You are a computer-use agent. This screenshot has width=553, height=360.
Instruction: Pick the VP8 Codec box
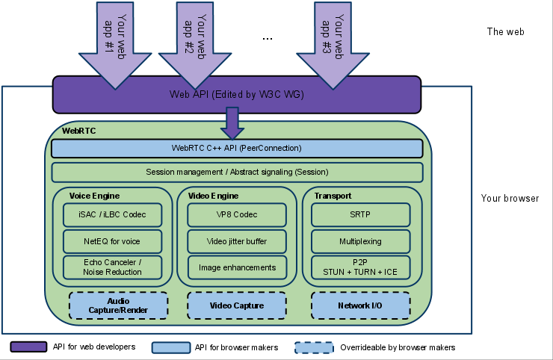click(237, 214)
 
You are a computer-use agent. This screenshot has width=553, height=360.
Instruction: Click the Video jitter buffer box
click(237, 241)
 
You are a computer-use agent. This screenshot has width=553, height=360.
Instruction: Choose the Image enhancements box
click(237, 267)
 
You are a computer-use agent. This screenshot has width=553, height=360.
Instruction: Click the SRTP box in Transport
click(361, 214)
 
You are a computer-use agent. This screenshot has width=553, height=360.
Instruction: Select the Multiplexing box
click(361, 241)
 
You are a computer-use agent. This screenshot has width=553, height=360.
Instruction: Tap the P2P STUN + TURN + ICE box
click(361, 267)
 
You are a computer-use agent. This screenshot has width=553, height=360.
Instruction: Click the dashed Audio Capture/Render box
click(118, 305)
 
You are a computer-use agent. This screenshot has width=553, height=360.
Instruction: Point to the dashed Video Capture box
click(237, 305)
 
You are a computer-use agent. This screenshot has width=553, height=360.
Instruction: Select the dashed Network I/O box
click(361, 305)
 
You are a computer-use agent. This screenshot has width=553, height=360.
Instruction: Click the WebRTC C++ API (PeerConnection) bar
click(237, 148)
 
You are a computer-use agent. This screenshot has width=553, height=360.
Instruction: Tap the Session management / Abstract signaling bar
click(237, 173)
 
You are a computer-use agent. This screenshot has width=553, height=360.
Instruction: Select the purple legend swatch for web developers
click(29, 347)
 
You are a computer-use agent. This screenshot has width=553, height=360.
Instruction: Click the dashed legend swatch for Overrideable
click(314, 347)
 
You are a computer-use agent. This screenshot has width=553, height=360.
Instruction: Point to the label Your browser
click(510, 199)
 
